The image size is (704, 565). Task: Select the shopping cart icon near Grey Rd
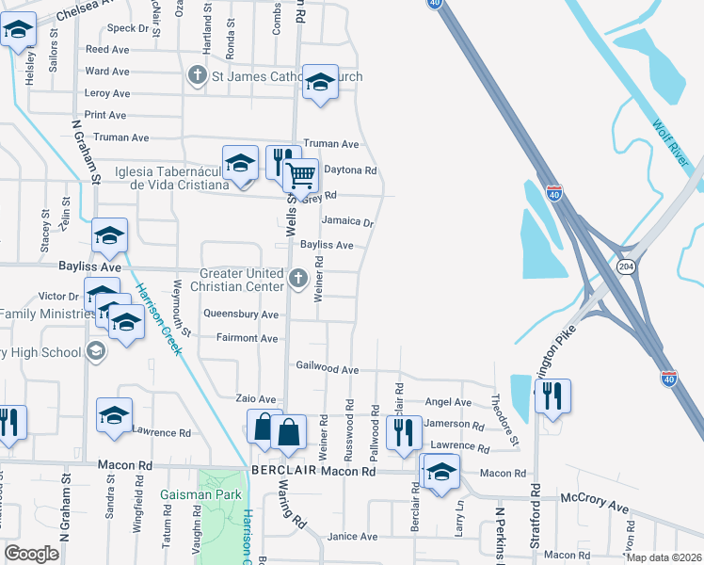300,176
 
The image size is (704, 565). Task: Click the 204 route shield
625,267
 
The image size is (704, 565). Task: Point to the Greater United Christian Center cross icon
298,277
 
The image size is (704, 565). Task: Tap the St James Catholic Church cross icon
198,75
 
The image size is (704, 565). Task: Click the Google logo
32,554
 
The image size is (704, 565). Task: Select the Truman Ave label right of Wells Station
336,144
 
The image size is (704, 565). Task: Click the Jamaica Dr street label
347,223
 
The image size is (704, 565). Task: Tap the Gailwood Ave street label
328,367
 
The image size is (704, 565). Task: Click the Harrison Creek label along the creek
159,319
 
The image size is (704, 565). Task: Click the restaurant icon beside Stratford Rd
552,395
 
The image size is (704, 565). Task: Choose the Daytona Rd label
350,170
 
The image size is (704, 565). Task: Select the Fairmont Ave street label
247,338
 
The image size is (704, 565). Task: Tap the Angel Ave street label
441,401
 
